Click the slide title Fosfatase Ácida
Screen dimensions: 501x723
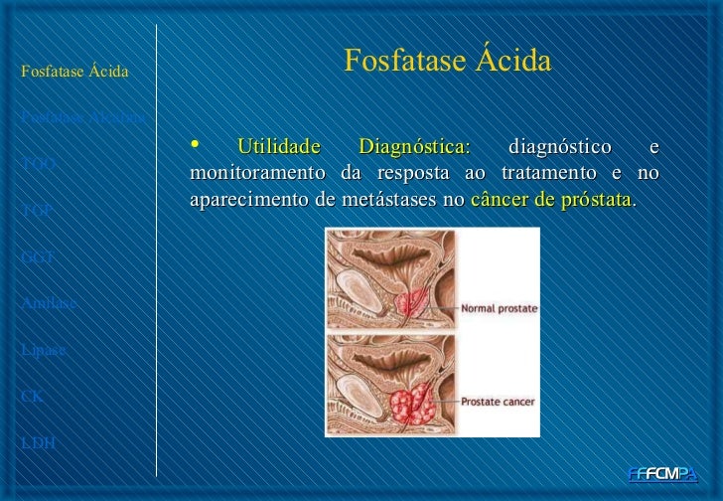pos(446,63)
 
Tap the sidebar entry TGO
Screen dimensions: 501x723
pos(38,164)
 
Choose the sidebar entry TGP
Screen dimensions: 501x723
pos(37,211)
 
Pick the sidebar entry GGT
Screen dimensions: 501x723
pos(37,256)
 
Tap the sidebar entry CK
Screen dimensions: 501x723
pos(31,395)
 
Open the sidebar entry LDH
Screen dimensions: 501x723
pos(37,441)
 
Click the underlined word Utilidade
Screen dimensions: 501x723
pos(279,149)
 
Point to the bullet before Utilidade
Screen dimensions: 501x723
pos(195,147)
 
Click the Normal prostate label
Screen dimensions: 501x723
pos(500,309)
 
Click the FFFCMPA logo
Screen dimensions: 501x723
pos(663,474)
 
